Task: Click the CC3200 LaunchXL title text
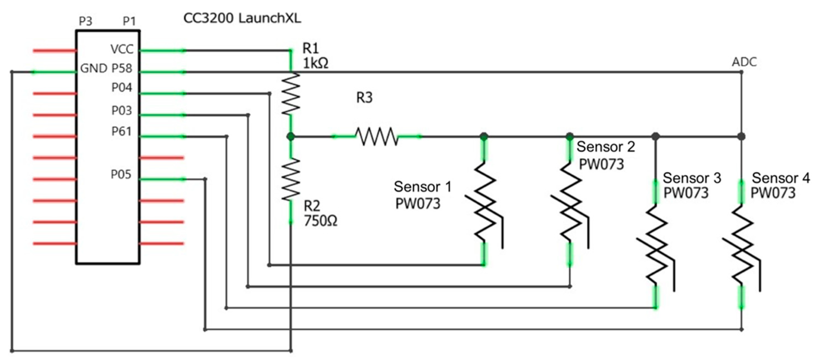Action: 242,18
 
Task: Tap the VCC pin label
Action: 122,49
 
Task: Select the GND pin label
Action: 94,68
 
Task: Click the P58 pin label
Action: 122,68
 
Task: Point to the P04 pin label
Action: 122,88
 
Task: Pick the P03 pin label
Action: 122,111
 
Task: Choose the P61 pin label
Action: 122,131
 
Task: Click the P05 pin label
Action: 121,174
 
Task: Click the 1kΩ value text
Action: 316,64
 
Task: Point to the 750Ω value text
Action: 320,221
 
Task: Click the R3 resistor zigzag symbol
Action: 377,136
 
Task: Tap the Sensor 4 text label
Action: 781,178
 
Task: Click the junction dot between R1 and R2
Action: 291,136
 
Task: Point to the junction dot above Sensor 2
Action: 569,136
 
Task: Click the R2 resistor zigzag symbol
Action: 291,179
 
